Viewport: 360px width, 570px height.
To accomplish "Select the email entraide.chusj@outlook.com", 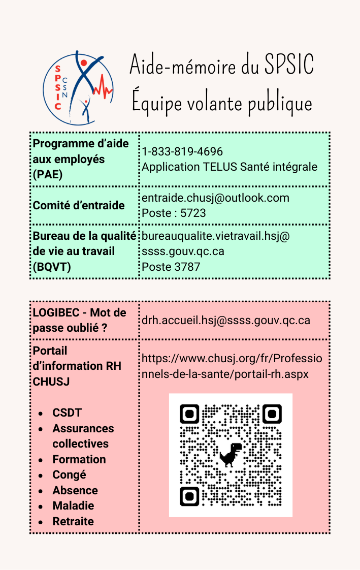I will [x=215, y=198].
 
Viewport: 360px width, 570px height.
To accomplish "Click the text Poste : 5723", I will [x=174, y=213].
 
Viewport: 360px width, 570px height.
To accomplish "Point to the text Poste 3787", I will [x=171, y=266].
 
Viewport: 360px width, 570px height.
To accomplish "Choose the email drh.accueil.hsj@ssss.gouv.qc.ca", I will [x=226, y=320].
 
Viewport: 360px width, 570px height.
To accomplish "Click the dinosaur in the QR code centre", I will [x=231, y=454].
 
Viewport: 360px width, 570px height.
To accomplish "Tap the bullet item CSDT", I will [x=67, y=413].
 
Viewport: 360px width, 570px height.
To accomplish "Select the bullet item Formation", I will [x=79, y=459].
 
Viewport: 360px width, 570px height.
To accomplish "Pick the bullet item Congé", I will [x=70, y=474].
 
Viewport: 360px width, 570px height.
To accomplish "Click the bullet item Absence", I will [x=75, y=490].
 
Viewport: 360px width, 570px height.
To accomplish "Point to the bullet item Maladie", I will [x=73, y=505].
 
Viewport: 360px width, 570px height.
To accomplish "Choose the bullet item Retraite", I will [x=73, y=521].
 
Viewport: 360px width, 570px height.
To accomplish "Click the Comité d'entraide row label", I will [x=79, y=205].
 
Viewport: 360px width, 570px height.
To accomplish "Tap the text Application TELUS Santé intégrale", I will [x=230, y=167].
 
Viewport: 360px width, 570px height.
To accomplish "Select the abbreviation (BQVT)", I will [x=50, y=266].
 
